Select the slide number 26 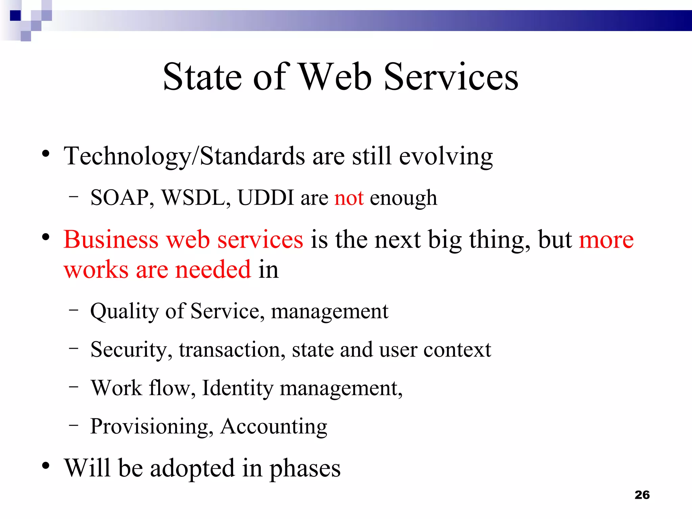point(642,495)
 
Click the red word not point(349,198)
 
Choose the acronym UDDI point(266,198)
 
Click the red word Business point(111,240)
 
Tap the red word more point(606,240)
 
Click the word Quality point(124,311)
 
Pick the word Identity point(237,388)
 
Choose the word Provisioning point(149,426)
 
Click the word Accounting point(274,426)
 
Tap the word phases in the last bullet point(305,469)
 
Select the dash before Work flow point(73,386)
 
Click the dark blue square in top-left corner point(16,16)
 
